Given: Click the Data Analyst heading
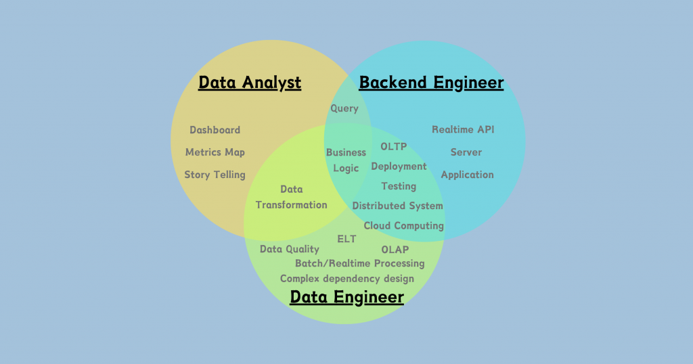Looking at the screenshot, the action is point(250,83).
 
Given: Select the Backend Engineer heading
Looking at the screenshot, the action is point(431,83).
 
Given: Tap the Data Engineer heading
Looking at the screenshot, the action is point(346,297).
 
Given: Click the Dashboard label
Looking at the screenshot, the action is point(215,130).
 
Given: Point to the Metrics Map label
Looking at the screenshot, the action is point(215,152).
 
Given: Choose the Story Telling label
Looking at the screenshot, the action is point(215,175).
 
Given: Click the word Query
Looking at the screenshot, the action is point(344,109).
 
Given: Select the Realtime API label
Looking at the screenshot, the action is point(463,130).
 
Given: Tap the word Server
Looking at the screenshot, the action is point(466,152).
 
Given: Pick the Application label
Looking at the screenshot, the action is point(467,175).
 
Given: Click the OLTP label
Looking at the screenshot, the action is point(394,146).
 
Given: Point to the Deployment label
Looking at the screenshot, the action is point(399,166).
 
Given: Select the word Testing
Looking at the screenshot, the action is point(399,186).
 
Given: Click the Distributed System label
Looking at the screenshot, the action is point(398,206).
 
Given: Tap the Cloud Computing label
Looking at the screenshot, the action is point(404,225).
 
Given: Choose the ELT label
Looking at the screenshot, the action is point(346,239).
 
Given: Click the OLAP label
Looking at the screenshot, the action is point(395,250).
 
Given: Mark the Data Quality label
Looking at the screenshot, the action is point(290,250).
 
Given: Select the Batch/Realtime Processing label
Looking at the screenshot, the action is point(360,263).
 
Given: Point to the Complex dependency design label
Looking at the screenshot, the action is point(347,278).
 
